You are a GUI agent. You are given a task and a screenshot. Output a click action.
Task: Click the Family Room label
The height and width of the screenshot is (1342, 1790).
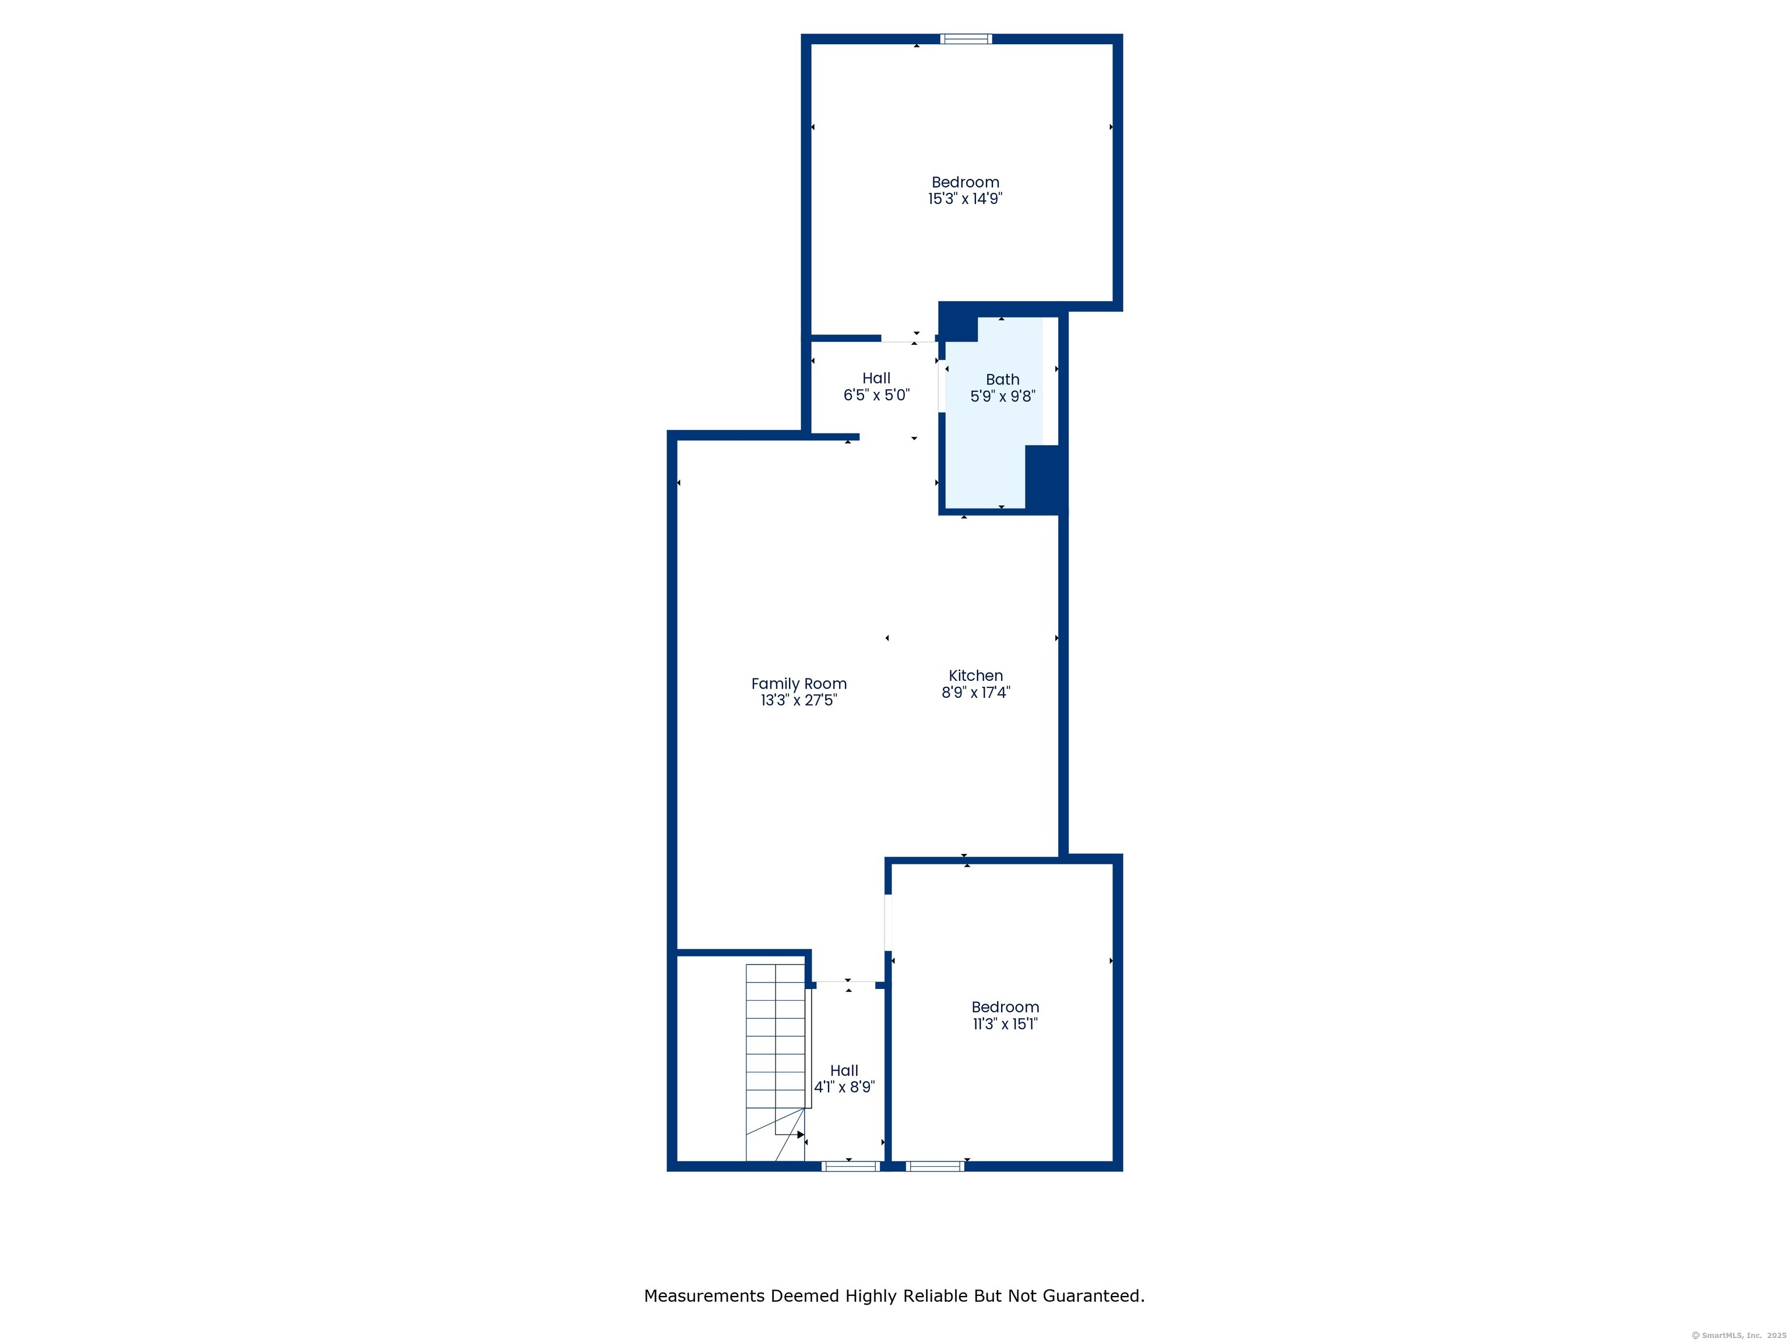click(x=799, y=684)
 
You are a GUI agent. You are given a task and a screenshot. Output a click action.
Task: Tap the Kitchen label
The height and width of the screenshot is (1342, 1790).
click(x=976, y=676)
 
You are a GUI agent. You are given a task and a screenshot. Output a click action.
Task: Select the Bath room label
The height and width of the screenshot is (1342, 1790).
click(x=1003, y=379)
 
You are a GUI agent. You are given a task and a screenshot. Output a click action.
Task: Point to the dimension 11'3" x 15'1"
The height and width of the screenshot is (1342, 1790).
click(x=1005, y=1023)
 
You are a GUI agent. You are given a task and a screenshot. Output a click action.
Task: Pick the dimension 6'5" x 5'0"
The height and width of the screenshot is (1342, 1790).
click(x=876, y=395)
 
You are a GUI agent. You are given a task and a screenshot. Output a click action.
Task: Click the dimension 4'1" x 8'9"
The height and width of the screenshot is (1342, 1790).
click(x=844, y=1087)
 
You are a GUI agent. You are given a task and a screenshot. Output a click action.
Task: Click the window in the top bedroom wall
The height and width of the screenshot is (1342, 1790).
click(x=966, y=39)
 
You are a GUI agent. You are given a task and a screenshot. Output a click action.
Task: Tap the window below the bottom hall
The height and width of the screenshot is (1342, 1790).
click(x=851, y=1166)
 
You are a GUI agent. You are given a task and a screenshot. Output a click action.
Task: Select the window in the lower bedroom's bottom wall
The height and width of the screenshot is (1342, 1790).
click(x=935, y=1166)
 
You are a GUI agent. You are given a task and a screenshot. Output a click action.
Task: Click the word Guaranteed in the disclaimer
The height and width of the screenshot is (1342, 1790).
click(x=1093, y=1296)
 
